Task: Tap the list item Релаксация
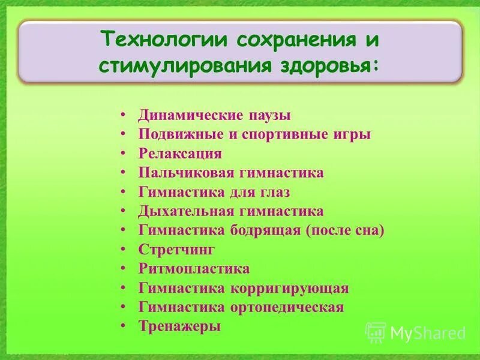click(180, 154)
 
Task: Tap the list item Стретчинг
click(176, 250)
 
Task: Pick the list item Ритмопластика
click(194, 269)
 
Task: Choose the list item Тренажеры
click(179, 326)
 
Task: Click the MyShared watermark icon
click(376, 332)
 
